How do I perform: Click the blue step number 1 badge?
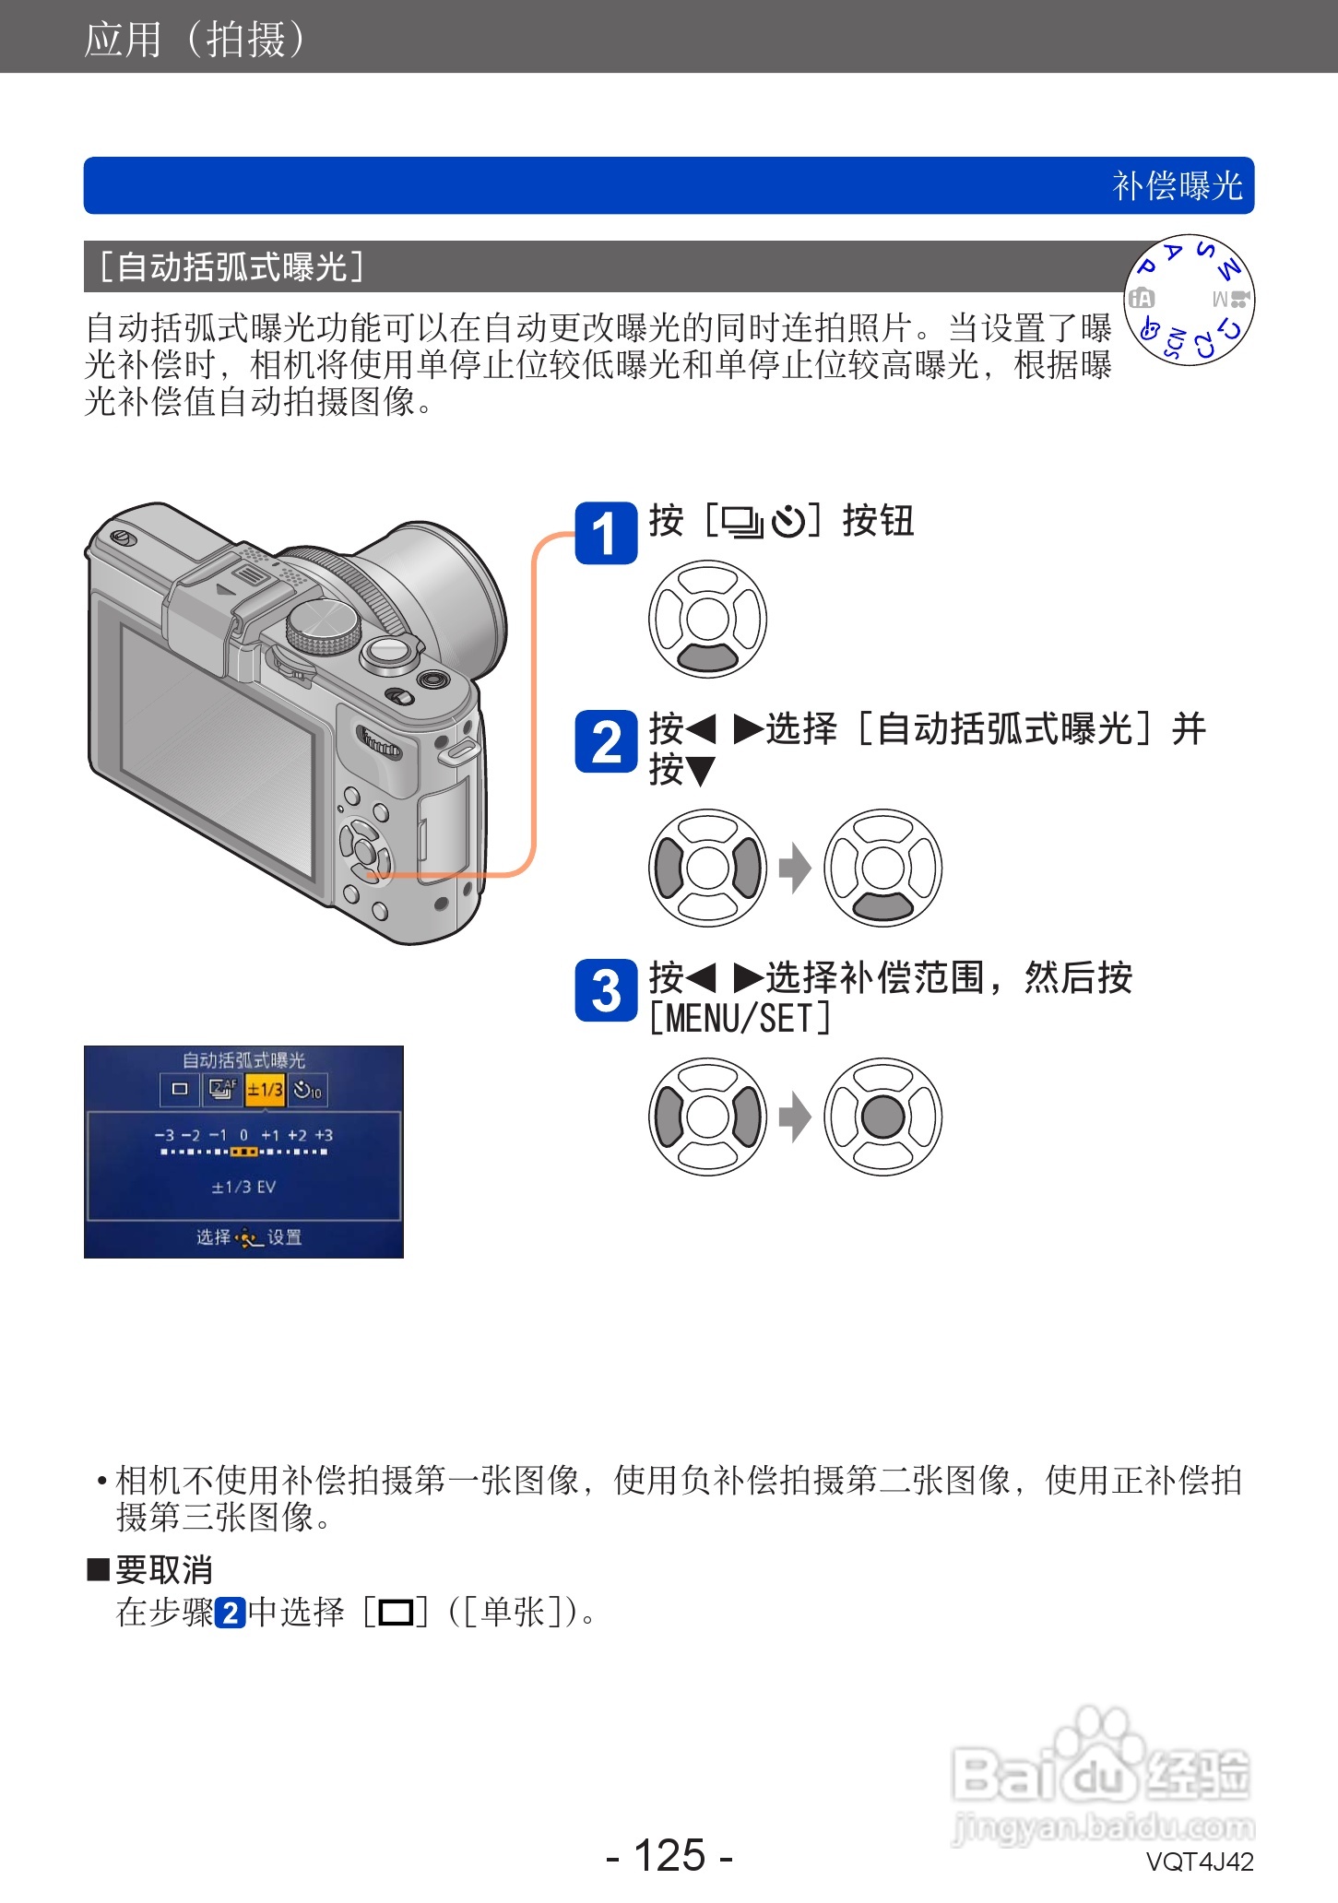point(605,533)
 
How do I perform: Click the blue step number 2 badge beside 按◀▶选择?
point(605,741)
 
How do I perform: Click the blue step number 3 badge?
point(605,990)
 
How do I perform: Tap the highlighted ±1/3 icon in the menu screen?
point(265,1090)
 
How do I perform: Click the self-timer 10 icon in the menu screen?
point(307,1090)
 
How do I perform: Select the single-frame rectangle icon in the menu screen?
point(180,1090)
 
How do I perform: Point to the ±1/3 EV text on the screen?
point(243,1187)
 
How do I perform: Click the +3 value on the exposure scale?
point(324,1135)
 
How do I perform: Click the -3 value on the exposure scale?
point(163,1135)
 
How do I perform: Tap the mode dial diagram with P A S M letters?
point(1189,300)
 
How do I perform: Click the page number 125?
point(669,1854)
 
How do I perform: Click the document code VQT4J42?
point(1199,1862)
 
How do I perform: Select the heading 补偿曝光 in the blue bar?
point(1177,186)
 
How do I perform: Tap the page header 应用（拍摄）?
point(195,40)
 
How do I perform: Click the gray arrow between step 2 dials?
point(794,868)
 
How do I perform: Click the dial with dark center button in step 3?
point(882,1117)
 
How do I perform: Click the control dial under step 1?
point(707,619)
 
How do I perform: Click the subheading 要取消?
point(163,1569)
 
